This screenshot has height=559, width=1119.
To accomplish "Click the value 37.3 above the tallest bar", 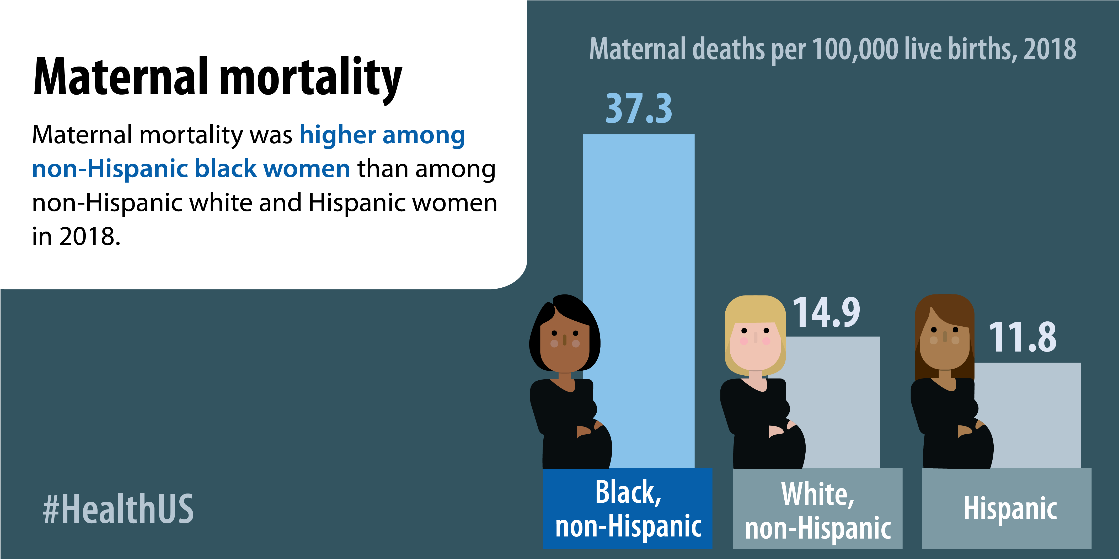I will click(x=639, y=108).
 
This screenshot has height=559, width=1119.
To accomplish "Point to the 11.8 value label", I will click(x=1022, y=338).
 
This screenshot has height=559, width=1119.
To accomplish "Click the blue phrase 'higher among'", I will click(x=382, y=135).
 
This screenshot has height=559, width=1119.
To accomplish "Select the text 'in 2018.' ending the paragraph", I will click(x=76, y=237).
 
